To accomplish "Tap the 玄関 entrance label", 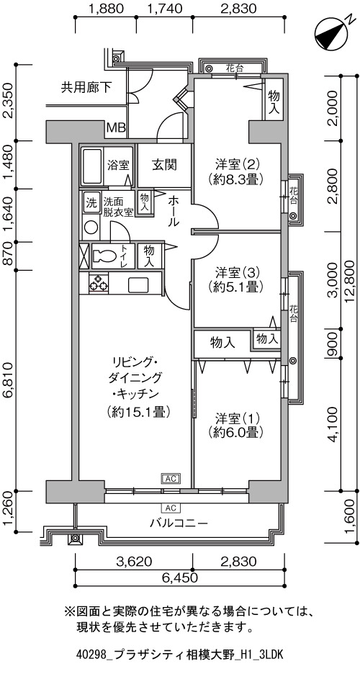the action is (164, 165).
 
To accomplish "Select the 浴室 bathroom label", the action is (119, 165).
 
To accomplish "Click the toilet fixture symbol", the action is (103, 256).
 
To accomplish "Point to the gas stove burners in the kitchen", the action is (99, 283).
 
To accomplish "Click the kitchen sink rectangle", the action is (138, 284).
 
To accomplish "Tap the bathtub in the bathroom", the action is (92, 166).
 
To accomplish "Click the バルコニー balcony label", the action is (179, 523).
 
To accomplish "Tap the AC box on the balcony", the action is (171, 508).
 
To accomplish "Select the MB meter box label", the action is (116, 127).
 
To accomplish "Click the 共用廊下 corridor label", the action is (86, 88).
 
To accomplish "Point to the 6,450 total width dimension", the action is (179, 578).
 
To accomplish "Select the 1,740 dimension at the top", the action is (163, 8).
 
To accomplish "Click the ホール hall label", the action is (174, 210).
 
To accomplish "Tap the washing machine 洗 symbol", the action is (91, 201).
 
